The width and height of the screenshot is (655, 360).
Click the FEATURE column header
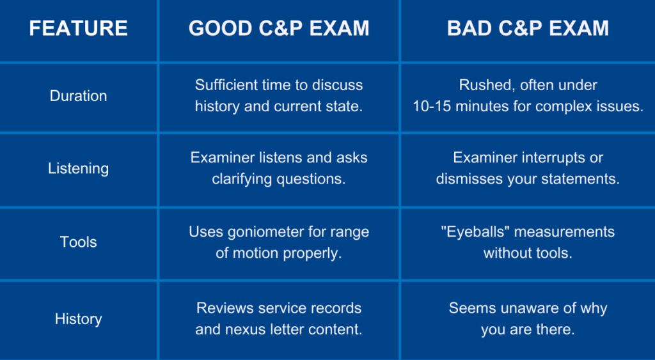click(78, 28)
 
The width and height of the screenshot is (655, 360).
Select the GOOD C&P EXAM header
click(279, 28)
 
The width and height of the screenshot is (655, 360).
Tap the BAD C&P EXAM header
click(528, 28)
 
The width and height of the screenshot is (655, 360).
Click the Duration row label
click(78, 96)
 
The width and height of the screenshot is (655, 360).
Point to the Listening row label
click(78, 168)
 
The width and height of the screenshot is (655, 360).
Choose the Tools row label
click(78, 242)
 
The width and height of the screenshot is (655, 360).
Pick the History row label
click(78, 319)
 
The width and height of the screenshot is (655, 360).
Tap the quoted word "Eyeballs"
click(475, 231)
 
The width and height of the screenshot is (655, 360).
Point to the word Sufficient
click(226, 85)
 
